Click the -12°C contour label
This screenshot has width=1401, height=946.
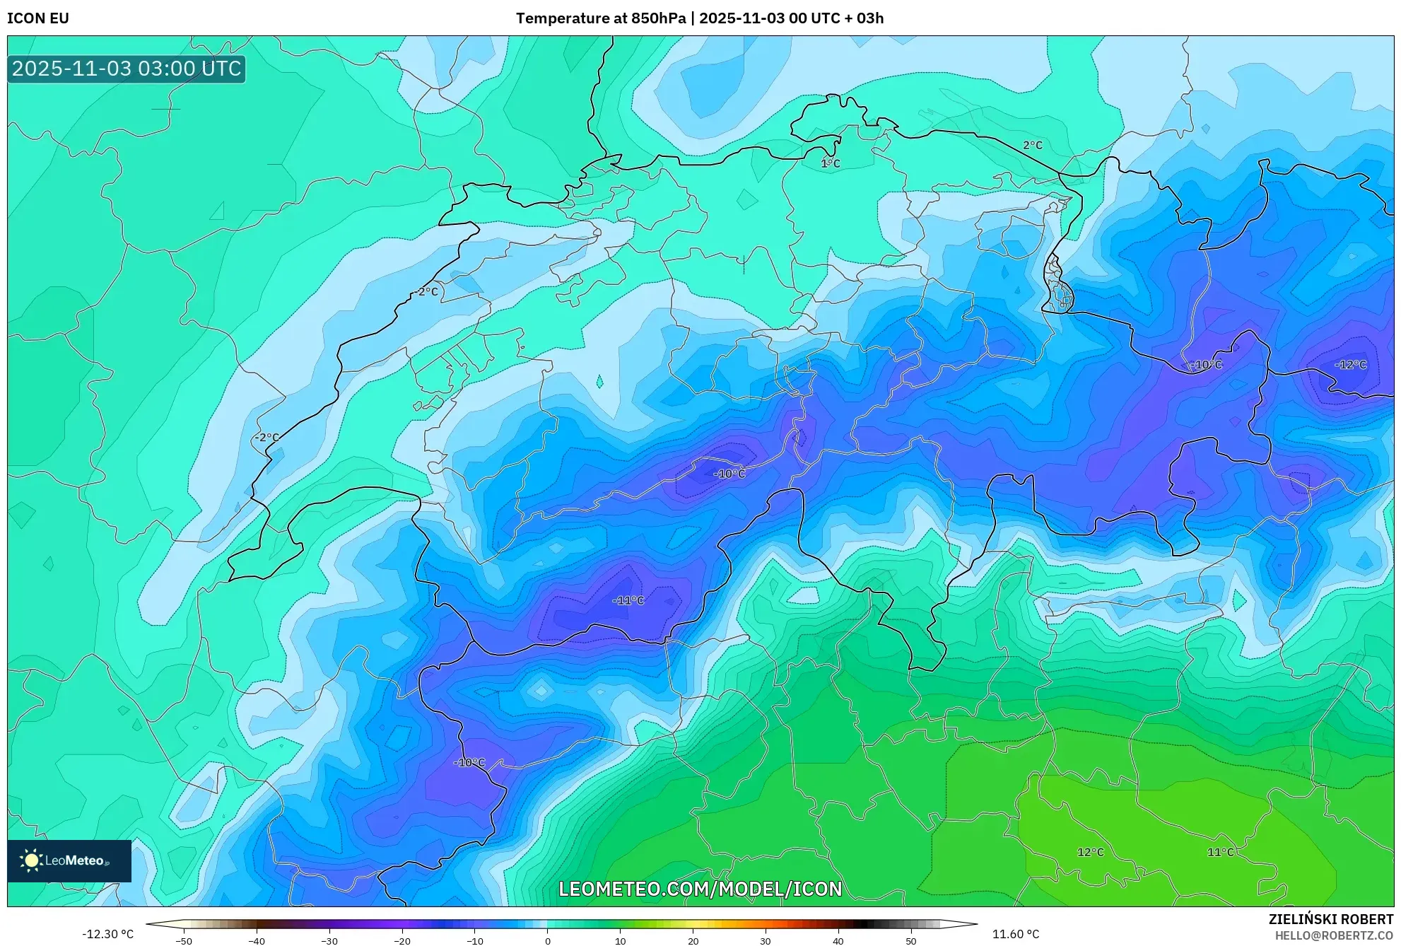1350,365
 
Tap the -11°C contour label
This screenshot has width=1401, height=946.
628,600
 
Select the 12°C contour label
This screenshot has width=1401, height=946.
1090,852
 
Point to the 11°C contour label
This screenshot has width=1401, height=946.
1220,852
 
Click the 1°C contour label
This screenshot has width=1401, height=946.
830,163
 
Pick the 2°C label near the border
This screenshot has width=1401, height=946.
1032,145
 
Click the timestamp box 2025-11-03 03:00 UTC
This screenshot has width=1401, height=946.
127,69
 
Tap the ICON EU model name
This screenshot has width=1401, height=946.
38,18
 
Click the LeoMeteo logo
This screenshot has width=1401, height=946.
69,860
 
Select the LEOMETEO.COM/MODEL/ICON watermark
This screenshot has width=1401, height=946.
700,889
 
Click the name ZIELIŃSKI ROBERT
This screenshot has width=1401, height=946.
1330,919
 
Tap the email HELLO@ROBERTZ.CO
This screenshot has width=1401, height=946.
1333,935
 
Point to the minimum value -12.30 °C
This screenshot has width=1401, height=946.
107,934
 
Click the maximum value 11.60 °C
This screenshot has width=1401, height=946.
1015,934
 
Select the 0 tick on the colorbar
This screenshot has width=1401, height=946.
547,941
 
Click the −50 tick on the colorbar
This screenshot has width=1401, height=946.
184,941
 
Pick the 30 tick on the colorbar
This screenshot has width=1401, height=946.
766,941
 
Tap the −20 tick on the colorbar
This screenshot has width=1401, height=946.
401,941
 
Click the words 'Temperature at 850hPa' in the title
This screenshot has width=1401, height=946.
600,18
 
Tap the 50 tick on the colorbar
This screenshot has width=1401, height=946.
910,941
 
